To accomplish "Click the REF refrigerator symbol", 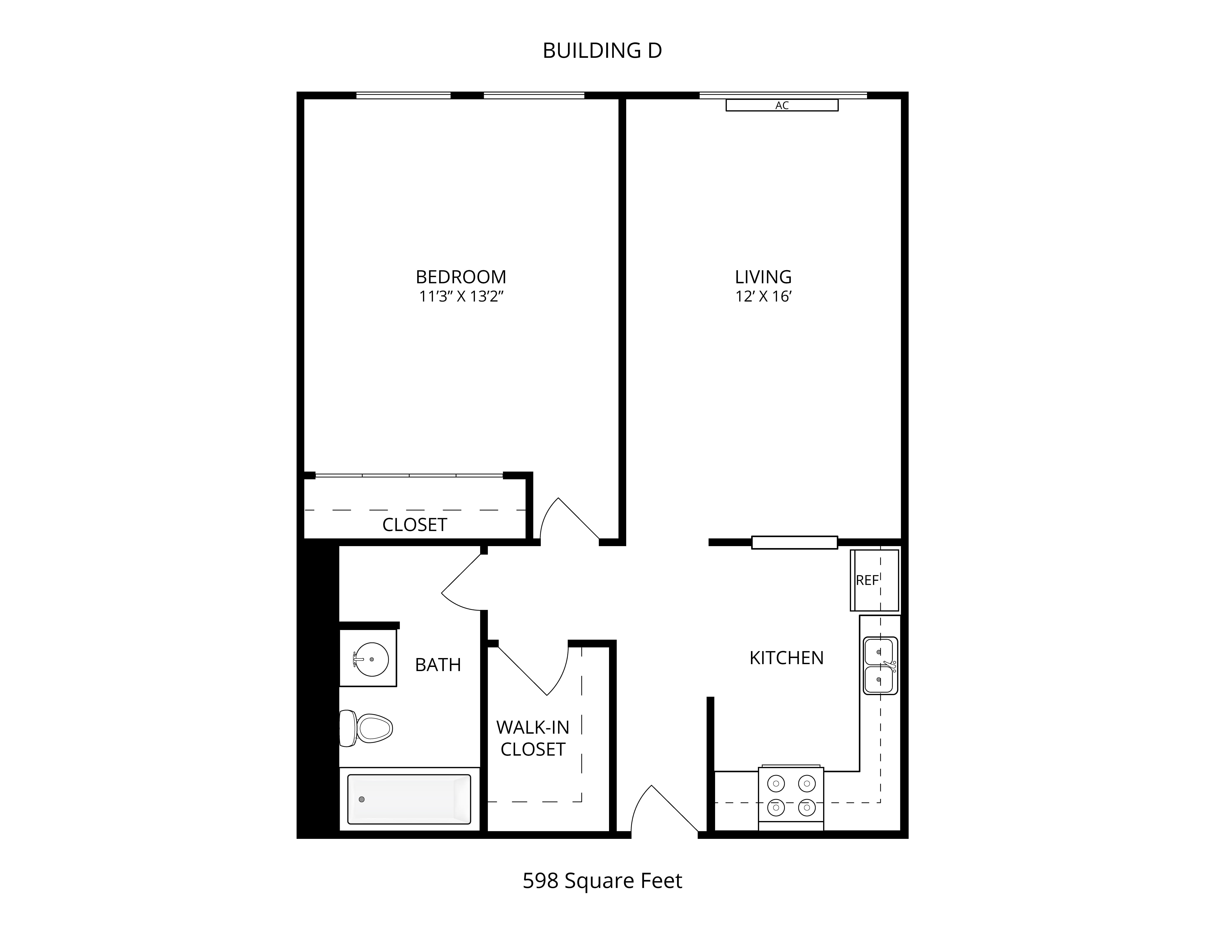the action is [x=874, y=580].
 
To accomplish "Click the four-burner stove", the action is [x=791, y=798].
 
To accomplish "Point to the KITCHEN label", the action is [x=786, y=658].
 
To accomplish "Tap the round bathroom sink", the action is [x=371, y=659].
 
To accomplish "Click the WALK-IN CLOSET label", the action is [x=533, y=738].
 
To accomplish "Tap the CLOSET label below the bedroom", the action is [x=414, y=525].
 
